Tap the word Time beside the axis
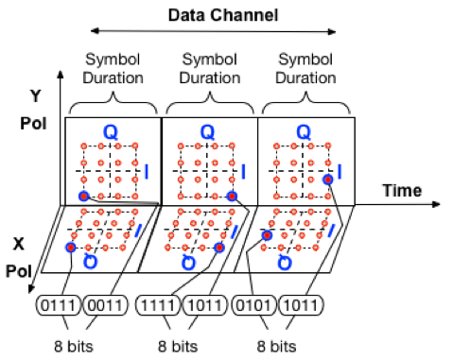402,191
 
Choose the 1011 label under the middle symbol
207,304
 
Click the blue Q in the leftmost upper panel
110,133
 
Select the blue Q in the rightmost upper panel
304,133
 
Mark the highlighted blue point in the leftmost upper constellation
84,196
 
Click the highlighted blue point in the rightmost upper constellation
327,179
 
